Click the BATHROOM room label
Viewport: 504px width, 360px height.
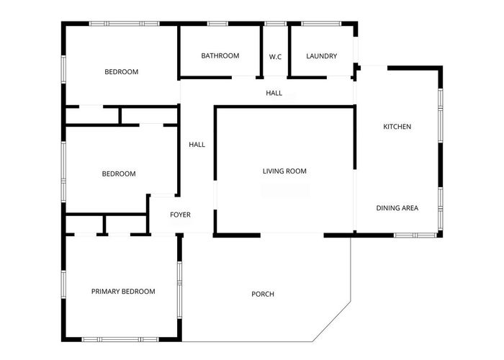pos(220,56)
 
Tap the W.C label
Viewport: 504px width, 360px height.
pos(275,56)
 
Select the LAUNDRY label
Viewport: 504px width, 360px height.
pos(321,56)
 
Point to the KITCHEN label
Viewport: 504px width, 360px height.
pos(397,127)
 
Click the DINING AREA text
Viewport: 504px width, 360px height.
pos(397,208)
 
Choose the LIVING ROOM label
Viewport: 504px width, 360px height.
pos(284,171)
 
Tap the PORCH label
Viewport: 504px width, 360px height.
pos(263,294)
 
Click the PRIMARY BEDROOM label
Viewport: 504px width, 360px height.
pos(123,292)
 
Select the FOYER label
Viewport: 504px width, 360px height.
pos(180,215)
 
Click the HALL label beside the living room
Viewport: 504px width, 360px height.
pos(197,145)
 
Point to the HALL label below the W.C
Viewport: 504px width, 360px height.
pos(274,94)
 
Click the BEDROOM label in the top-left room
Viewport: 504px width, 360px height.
pos(121,72)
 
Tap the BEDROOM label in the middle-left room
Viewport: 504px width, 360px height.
pos(118,174)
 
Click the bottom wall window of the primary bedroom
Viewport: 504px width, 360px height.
pos(121,339)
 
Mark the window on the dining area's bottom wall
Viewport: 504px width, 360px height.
pos(415,235)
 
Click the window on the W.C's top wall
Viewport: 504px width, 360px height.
pos(275,24)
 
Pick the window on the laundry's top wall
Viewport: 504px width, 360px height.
pos(322,24)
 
